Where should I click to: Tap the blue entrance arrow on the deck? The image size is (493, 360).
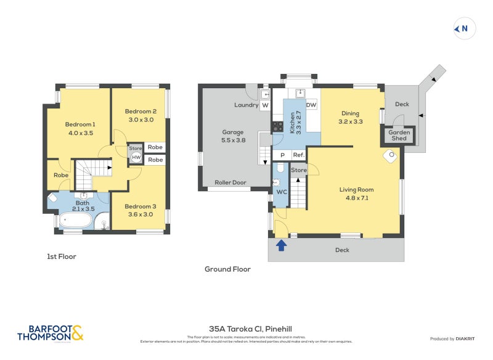point(281,245)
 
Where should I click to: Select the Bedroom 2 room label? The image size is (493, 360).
point(141,112)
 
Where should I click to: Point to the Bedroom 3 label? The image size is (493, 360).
point(141,207)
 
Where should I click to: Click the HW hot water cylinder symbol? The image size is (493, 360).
point(135,157)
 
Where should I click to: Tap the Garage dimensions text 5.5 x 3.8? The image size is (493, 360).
point(234,140)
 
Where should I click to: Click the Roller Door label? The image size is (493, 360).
point(230,182)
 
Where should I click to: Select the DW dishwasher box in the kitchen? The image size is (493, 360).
point(311,105)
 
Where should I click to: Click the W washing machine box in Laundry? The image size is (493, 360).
point(266,105)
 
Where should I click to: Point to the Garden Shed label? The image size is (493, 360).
point(399,135)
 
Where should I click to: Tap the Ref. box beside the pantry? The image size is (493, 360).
point(298,155)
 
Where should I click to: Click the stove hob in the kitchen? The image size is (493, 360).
point(278,126)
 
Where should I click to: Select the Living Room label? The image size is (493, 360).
point(356,190)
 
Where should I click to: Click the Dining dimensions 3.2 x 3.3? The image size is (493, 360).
point(351,122)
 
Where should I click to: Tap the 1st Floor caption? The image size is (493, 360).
point(62,256)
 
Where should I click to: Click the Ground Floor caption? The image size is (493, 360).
point(227,269)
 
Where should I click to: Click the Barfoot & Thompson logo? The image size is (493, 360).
point(49,333)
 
